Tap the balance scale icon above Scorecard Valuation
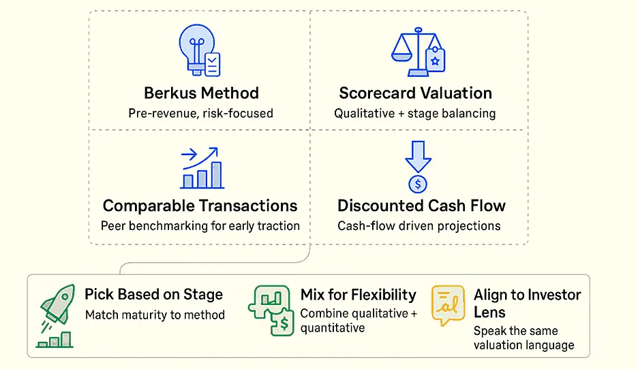418,52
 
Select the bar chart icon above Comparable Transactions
202,168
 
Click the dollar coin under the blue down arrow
418,184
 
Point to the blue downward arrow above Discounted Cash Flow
418,157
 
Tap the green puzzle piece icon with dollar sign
271,310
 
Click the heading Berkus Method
201,93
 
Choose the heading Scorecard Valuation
415,93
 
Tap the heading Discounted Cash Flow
421,206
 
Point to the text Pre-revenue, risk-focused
200,114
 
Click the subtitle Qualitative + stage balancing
415,114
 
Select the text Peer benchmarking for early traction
200,226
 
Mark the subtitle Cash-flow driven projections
419,226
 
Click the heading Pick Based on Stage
154,295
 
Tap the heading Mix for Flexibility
359,295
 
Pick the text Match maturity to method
155,315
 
